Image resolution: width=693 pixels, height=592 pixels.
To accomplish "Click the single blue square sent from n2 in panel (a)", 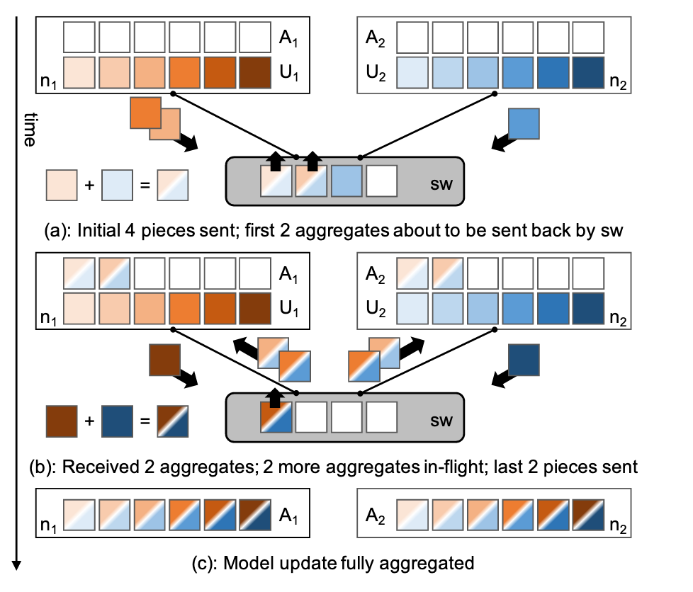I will tap(524, 125).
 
